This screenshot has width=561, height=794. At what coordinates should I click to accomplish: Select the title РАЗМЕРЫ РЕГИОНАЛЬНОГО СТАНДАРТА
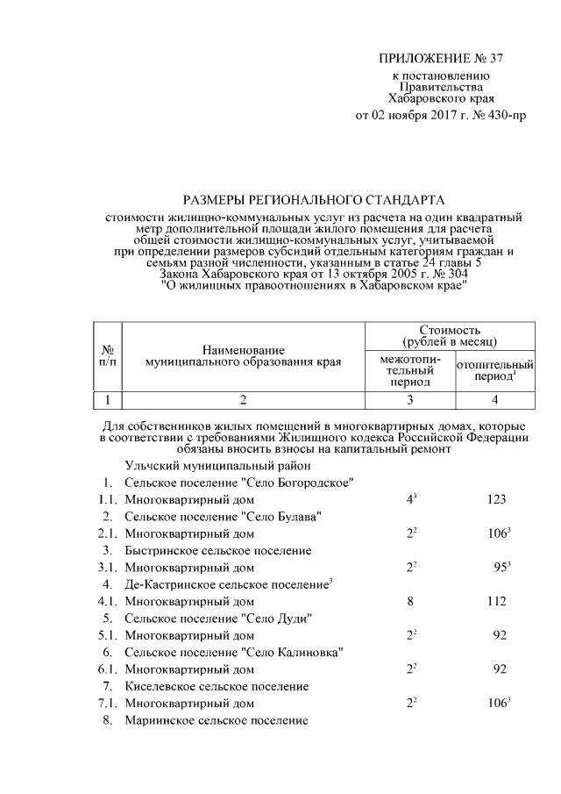click(314, 200)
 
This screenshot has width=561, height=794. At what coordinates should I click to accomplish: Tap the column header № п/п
click(108, 355)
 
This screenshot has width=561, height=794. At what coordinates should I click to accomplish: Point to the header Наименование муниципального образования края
click(244, 355)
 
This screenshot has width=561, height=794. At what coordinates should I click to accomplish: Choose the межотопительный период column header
click(411, 371)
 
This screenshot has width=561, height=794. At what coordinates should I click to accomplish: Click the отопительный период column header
click(495, 369)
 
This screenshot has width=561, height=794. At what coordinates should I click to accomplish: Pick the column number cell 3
click(411, 401)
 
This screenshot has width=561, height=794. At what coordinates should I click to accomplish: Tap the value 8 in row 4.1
click(410, 602)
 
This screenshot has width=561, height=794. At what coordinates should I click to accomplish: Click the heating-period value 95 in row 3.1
click(500, 568)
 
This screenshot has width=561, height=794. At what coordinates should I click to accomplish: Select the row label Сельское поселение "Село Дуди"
click(219, 619)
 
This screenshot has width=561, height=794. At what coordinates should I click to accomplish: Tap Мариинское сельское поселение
click(217, 720)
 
